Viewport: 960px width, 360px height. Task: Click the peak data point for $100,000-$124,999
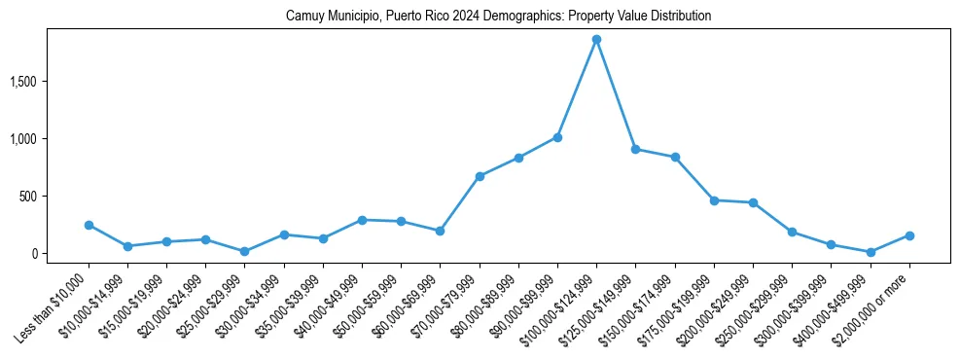point(596,40)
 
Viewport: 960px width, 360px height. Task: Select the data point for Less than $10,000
point(89,225)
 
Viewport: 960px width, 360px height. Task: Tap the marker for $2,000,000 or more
point(909,235)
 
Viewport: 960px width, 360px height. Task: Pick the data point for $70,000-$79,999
point(480,176)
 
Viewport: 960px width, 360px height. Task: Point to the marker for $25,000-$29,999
point(245,251)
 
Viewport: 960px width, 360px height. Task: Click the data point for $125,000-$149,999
point(636,150)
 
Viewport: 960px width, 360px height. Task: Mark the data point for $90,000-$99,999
point(557,137)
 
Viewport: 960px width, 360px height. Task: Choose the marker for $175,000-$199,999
point(714,200)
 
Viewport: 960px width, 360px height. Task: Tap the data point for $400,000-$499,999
point(871,252)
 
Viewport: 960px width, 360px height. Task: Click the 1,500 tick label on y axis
point(50,82)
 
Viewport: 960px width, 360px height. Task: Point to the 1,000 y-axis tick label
point(50,139)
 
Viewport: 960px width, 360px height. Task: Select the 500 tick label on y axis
point(54,197)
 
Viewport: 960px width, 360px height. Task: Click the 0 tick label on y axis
point(60,254)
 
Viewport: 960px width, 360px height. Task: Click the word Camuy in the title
point(302,17)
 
